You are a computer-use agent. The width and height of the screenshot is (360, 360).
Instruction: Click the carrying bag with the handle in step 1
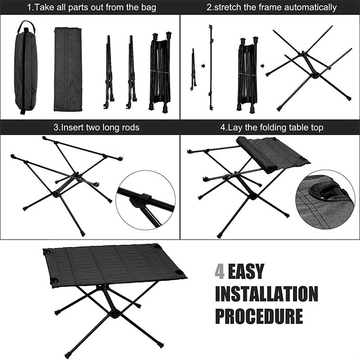(25, 67)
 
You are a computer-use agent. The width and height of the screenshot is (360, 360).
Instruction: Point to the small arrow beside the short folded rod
(203, 66)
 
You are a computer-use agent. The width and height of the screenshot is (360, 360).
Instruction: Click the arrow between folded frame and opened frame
(262, 66)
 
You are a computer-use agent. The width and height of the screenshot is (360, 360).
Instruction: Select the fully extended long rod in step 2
(210, 67)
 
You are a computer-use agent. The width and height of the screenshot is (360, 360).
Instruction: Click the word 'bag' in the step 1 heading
(147, 7)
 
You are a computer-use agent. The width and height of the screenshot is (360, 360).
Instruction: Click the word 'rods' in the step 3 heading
(130, 127)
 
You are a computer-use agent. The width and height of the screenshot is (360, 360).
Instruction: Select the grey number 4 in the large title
(220, 272)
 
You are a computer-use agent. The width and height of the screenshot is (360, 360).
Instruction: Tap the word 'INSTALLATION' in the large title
(266, 294)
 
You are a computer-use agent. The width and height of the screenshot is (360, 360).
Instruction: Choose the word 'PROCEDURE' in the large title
(259, 315)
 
